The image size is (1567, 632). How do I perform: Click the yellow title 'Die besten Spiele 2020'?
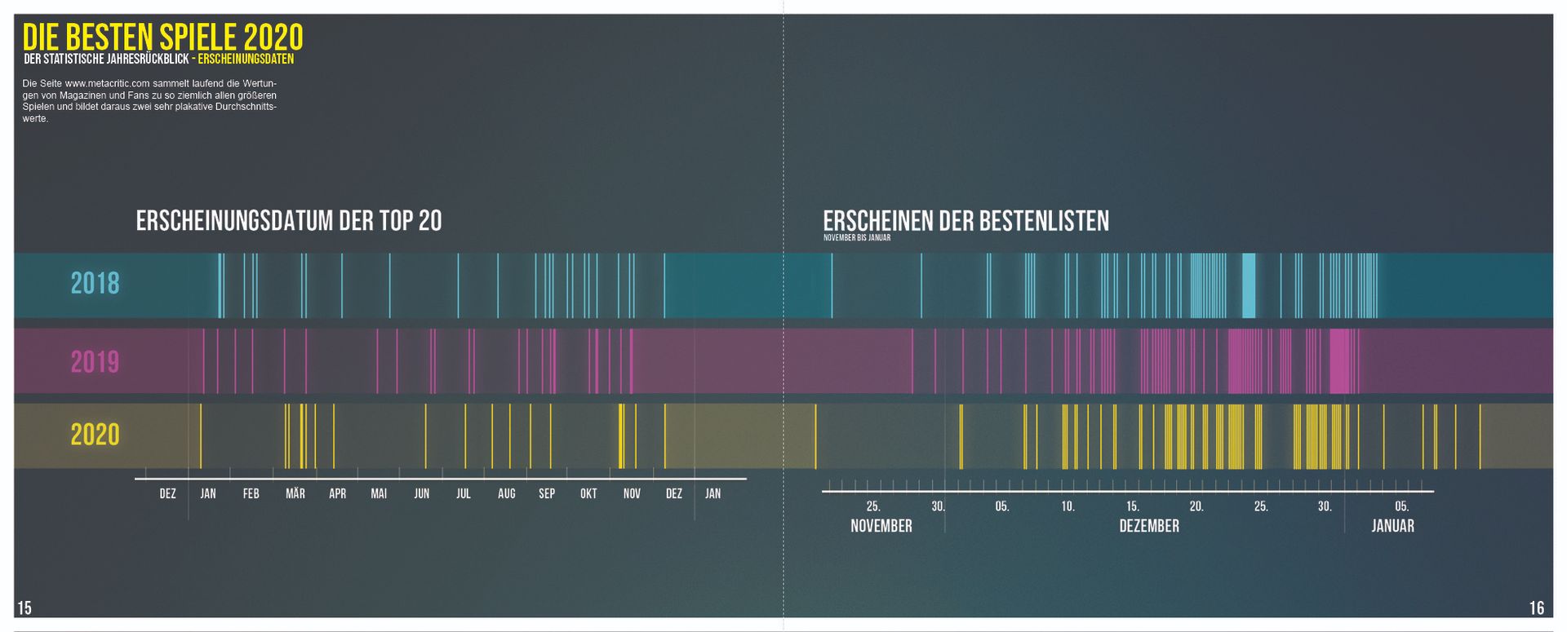(162, 37)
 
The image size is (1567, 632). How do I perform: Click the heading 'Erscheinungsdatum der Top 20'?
(289, 221)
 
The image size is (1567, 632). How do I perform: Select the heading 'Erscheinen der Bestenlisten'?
(966, 221)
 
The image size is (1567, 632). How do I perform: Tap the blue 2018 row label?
(95, 284)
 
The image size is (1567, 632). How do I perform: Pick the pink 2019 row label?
(95, 361)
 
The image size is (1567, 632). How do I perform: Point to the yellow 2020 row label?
(95, 435)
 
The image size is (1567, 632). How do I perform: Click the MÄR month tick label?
(295, 493)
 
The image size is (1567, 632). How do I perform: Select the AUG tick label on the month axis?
(506, 493)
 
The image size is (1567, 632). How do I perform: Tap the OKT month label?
(588, 493)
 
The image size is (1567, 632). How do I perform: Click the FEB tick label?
(251, 493)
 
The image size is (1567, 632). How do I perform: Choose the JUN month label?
(421, 493)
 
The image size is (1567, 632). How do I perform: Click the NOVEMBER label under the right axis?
(881, 526)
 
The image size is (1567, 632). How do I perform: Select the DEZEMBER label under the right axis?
(1148, 526)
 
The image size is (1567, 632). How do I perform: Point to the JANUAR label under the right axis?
(1392, 526)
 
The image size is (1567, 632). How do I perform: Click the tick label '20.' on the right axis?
(1196, 506)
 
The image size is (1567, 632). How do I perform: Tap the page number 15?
(24, 608)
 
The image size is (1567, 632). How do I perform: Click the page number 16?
(1536, 608)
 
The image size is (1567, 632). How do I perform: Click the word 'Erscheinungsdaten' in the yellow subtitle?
(246, 60)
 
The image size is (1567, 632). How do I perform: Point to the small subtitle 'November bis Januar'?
(856, 238)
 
